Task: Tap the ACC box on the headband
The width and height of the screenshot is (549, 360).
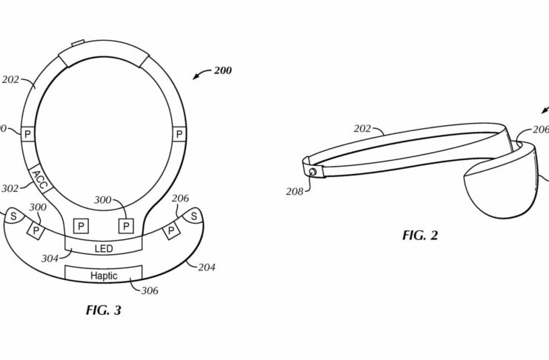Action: click(39, 179)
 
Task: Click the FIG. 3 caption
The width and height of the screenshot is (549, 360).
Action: click(104, 310)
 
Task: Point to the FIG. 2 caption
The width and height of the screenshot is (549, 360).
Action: click(420, 235)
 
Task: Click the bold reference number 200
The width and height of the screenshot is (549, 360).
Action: click(223, 70)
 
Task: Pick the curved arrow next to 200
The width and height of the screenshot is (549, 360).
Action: click(202, 74)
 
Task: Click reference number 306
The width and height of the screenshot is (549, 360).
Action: click(150, 290)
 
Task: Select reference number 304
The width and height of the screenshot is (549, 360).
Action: click(50, 259)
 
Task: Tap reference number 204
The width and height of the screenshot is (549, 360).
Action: click(207, 267)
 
